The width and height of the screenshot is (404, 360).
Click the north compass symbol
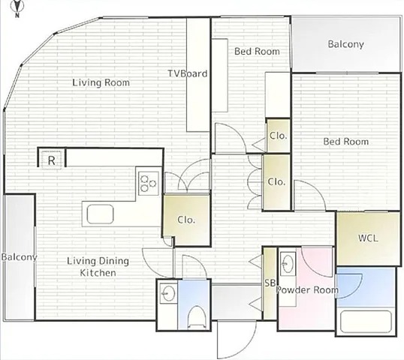click(x=17, y=7)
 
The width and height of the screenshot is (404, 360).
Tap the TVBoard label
click(x=188, y=73)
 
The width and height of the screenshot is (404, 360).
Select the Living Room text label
click(x=101, y=82)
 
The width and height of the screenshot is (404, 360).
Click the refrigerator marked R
click(x=52, y=160)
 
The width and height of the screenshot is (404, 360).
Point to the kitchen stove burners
click(x=149, y=183)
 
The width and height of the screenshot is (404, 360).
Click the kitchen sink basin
click(x=100, y=214)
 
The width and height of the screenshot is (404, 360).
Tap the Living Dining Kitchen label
click(x=98, y=266)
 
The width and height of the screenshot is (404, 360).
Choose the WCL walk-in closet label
click(x=368, y=238)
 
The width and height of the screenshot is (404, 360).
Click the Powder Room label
click(x=307, y=290)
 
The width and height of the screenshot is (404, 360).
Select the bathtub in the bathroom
click(x=366, y=322)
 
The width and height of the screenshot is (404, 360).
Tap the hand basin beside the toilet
click(x=167, y=293)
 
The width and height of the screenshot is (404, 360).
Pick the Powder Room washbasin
click(x=288, y=264)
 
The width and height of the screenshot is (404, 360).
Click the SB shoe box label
click(x=270, y=283)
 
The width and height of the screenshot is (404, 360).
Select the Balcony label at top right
click(x=345, y=44)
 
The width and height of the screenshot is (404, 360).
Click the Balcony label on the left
click(x=19, y=257)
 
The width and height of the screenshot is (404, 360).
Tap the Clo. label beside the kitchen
click(x=186, y=220)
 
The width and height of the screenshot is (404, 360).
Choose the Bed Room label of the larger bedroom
click(x=345, y=142)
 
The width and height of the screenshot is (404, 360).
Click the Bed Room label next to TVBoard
click(x=257, y=52)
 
